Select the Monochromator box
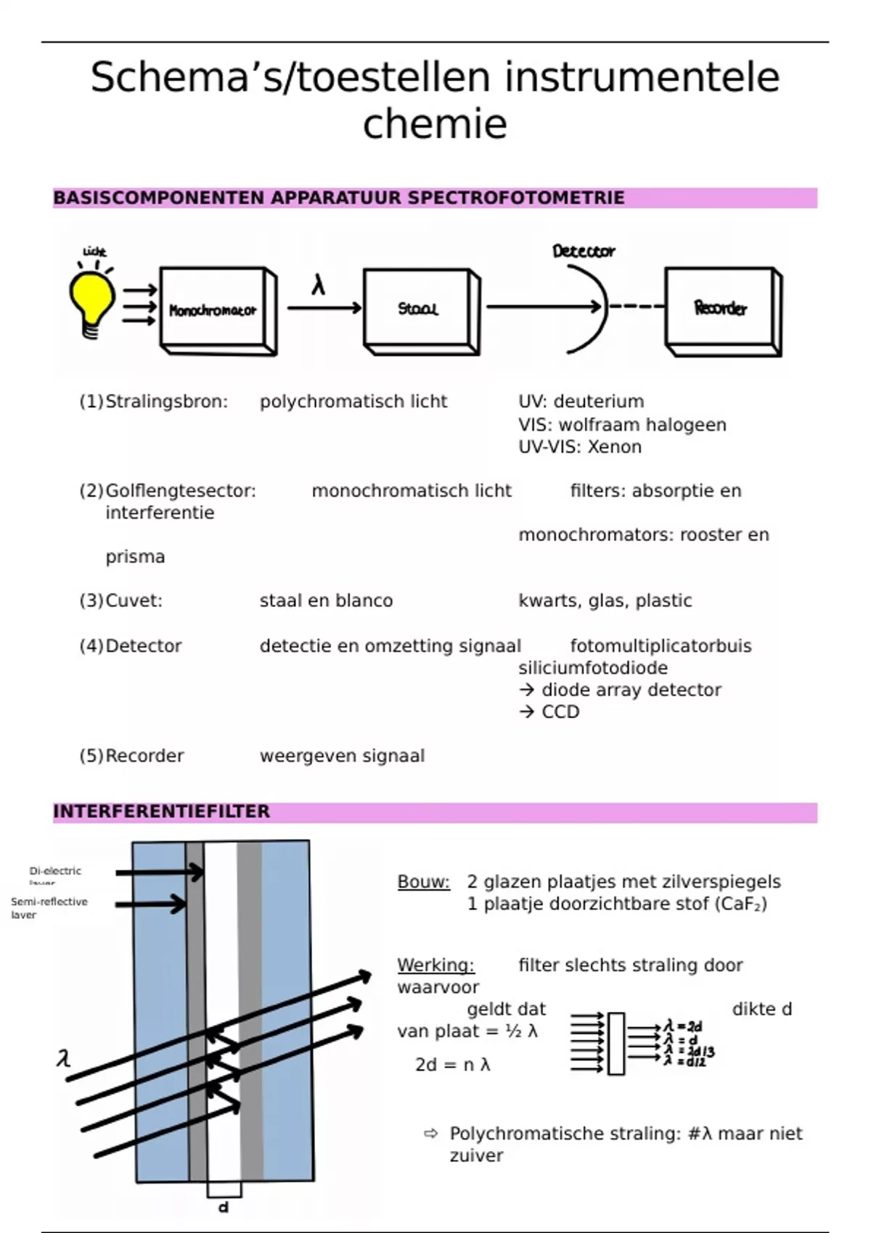[213, 310]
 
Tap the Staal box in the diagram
[417, 309]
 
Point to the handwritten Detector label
[583, 251]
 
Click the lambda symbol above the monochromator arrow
[318, 286]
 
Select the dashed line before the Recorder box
[637, 307]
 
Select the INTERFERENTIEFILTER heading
[161, 812]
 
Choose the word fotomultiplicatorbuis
[661, 646]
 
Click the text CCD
[560, 712]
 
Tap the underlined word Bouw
[423, 882]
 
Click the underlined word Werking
[435, 965]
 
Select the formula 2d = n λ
[452, 1065]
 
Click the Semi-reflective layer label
[49, 907]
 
